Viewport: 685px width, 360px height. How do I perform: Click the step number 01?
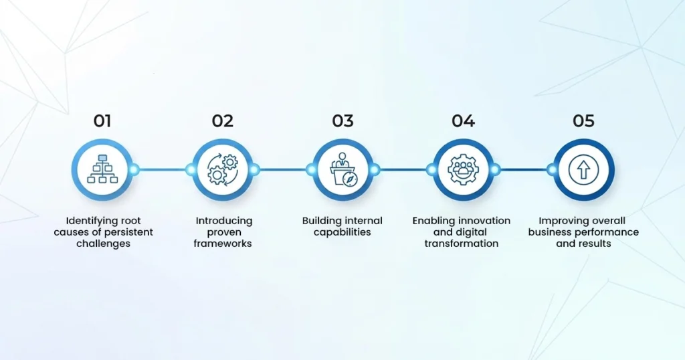pos(102,121)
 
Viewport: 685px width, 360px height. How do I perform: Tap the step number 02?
pos(222,121)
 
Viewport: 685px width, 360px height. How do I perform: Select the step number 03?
pos(342,121)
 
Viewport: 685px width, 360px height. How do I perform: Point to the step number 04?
pos(463,121)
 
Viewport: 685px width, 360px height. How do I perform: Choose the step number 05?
pos(583,121)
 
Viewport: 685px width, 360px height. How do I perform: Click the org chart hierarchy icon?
pos(102,169)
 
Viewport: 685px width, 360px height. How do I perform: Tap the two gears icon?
pos(223,169)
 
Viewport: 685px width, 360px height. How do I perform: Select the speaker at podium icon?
pos(343,169)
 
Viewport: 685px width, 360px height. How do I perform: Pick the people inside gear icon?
pos(463,169)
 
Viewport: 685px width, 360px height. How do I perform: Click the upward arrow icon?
pos(583,169)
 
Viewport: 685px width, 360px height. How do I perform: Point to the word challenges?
pos(103,244)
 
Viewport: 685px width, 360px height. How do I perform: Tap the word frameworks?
pos(223,244)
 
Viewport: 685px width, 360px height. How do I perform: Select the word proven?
pos(223,233)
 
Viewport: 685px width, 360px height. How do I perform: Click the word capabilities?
pos(342,232)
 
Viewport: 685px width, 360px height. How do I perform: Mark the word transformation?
pos(462,244)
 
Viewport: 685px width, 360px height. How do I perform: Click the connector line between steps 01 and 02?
pos(162,169)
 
